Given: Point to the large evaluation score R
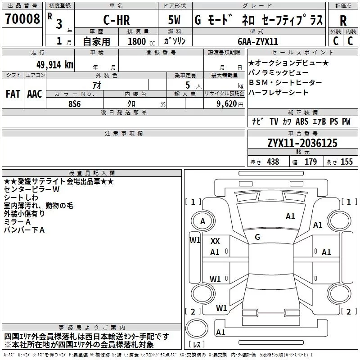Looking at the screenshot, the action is coord(343,20).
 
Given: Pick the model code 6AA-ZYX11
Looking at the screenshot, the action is coord(258,41).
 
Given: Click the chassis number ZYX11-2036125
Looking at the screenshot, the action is coord(302,143).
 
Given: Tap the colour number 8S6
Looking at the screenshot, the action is coord(74,103).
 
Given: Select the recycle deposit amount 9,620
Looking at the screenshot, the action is coord(225,103).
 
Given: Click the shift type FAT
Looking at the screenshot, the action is coord(13,94).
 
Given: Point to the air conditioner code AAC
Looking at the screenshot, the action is coord(35,94).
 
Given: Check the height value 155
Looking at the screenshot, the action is coord(346,162).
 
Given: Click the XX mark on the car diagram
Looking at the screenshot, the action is coord(215,241).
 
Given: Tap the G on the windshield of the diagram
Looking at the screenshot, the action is coord(257,237).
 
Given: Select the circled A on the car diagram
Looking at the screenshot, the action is coord(202,221).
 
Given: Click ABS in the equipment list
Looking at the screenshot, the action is coord(302,121).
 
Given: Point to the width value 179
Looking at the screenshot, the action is coord(311,162).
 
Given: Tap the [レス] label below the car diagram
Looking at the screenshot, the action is coord(197,345).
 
